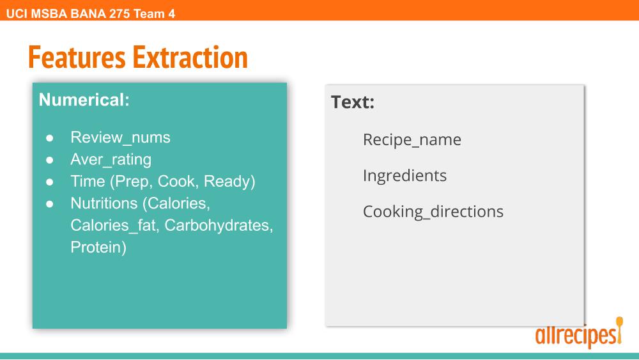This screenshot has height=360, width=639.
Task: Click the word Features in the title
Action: click(x=77, y=57)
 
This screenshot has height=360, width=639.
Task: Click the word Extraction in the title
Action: click(x=190, y=57)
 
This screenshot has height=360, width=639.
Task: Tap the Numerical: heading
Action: click(x=84, y=100)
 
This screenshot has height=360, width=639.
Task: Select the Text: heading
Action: click(x=353, y=102)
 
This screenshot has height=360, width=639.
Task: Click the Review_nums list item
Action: click(x=120, y=138)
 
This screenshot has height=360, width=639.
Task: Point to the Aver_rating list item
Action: click(x=111, y=160)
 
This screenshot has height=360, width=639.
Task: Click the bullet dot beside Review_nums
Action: click(x=50, y=138)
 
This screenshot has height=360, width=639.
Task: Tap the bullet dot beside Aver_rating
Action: click(x=50, y=160)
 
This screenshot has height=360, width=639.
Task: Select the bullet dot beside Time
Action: click(x=50, y=182)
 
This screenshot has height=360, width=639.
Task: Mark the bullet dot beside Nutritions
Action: click(x=50, y=204)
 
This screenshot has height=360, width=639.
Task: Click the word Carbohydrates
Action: click(x=219, y=226)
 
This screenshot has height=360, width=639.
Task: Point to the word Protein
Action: click(x=98, y=247)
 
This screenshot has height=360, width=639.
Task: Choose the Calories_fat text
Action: click(x=114, y=226)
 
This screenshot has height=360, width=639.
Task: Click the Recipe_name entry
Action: click(x=412, y=140)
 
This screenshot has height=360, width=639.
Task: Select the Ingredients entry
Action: click(x=404, y=176)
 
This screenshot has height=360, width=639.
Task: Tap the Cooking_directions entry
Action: click(x=433, y=212)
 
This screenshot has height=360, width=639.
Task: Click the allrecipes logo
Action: click(x=579, y=333)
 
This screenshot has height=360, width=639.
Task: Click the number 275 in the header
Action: click(x=119, y=14)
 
